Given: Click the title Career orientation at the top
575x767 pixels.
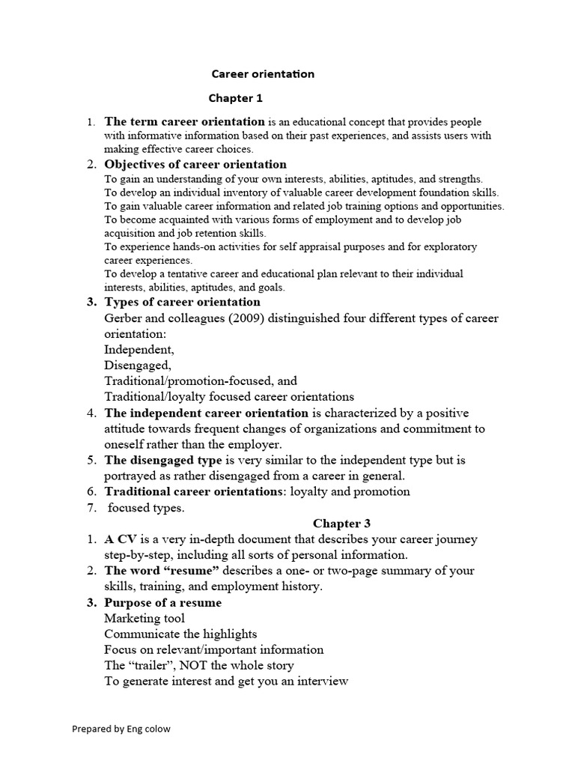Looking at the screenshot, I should (263, 74).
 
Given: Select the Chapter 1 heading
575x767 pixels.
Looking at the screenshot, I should (235, 98).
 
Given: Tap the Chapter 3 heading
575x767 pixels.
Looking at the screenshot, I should (341, 524).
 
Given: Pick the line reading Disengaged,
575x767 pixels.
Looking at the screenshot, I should (138, 366).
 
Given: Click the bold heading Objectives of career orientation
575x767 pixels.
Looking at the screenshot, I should (195, 164).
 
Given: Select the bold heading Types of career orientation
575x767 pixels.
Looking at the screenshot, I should (183, 302).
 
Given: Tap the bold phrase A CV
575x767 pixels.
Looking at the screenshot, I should (118, 539).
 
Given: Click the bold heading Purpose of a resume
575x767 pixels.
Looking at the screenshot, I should (163, 602).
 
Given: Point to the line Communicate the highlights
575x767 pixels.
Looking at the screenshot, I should (180, 634).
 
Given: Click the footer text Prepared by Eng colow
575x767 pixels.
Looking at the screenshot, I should (121, 729).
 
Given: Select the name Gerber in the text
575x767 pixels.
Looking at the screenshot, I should (125, 318).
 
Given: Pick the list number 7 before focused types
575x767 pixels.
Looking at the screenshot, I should (90, 508).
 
